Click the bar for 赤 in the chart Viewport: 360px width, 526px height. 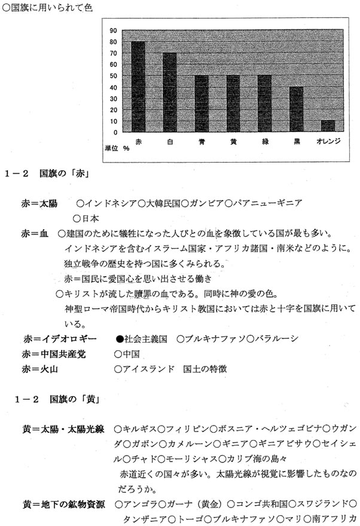(x=138, y=87)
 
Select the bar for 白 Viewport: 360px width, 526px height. (x=169, y=92)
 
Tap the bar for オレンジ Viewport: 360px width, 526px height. (x=328, y=126)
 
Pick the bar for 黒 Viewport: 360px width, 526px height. (x=296, y=109)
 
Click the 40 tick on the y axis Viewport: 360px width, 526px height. (x=113, y=87)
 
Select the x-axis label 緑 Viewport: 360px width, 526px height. (x=264, y=142)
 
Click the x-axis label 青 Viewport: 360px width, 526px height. (x=202, y=142)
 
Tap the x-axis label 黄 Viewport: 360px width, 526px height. (x=233, y=142)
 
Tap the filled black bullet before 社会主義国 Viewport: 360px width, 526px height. (x=120, y=338)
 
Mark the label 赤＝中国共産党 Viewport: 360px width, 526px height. (x=54, y=354)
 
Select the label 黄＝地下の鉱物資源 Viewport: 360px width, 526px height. (x=64, y=504)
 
